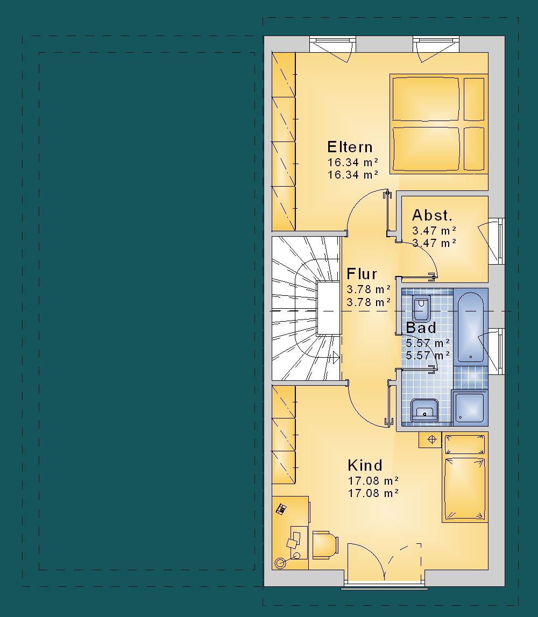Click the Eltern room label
[x=350, y=147]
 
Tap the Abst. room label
[x=432, y=215]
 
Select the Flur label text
[x=362, y=274]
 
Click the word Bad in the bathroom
[x=421, y=328]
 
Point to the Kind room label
[x=365, y=465]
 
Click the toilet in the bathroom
[x=421, y=309]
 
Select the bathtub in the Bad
[x=471, y=327]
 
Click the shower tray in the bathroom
[x=470, y=408]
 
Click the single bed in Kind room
[x=465, y=477]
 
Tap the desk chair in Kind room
[x=325, y=544]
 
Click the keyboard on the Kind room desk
[x=281, y=509]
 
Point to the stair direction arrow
[x=336, y=358]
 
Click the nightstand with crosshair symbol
[x=430, y=439]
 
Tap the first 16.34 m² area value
[x=352, y=162]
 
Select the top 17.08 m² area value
[x=373, y=480]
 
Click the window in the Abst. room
[x=496, y=241]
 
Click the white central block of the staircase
[x=329, y=308]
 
